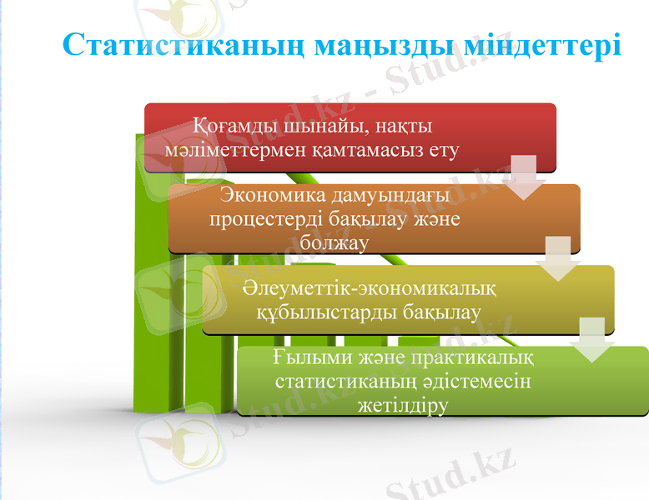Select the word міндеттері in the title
[543, 44]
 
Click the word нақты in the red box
[404, 127]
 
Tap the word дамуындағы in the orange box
[397, 195]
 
